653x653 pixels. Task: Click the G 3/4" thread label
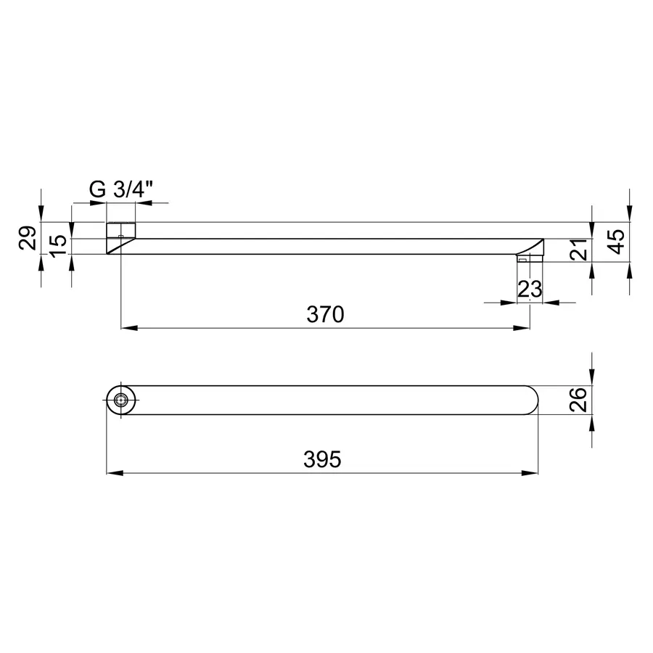[120, 190]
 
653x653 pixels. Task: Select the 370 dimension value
[325, 314]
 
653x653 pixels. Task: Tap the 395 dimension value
[322, 459]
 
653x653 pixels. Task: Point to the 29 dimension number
[28, 238]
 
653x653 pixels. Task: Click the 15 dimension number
[59, 246]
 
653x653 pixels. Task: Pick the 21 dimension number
[579, 250]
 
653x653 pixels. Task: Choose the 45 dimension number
[617, 241]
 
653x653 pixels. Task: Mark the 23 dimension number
[530, 289]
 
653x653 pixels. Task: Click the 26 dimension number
[579, 400]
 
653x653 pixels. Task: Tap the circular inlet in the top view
[120, 401]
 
